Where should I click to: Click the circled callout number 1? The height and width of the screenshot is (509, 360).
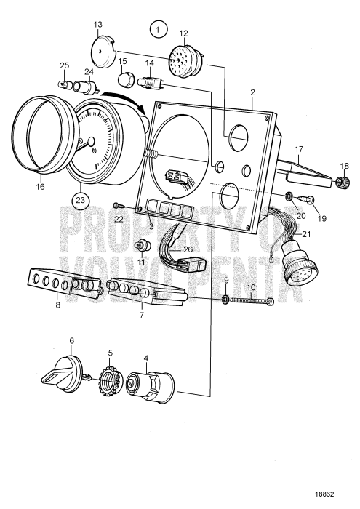point(158,30)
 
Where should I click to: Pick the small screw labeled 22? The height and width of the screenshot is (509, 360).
point(116,207)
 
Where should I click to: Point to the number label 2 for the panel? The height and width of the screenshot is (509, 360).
point(252,93)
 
